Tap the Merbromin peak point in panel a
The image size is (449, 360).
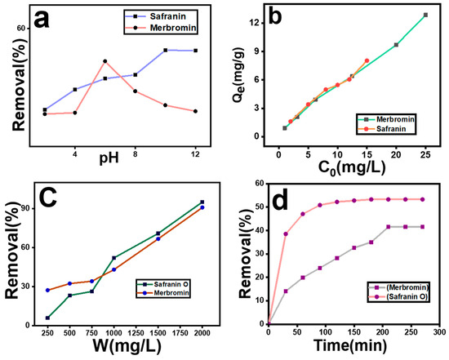click(104, 60)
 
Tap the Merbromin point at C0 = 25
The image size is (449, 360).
click(425, 15)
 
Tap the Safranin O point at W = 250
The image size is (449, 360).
click(47, 318)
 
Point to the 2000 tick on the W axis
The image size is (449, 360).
click(202, 333)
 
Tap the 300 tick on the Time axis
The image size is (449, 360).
click(438, 333)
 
